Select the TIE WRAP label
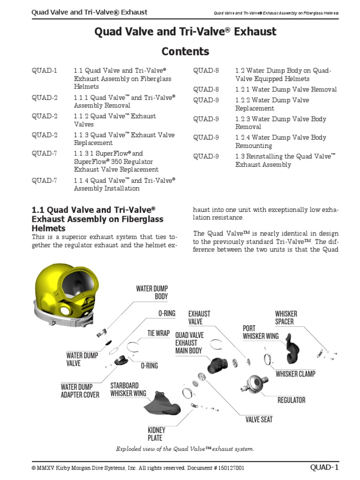158,333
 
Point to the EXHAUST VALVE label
199,317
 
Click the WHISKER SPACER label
286,317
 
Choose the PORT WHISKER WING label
261,332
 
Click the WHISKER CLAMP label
295,374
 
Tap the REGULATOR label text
291,400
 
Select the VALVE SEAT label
259,420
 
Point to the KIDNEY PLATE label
156,434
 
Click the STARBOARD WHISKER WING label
128,390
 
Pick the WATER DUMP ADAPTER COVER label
80,391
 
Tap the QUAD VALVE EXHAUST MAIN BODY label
189,343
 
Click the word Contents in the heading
185,52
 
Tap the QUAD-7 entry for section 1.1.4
45,180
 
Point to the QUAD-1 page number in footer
324,467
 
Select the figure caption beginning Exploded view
185,449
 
